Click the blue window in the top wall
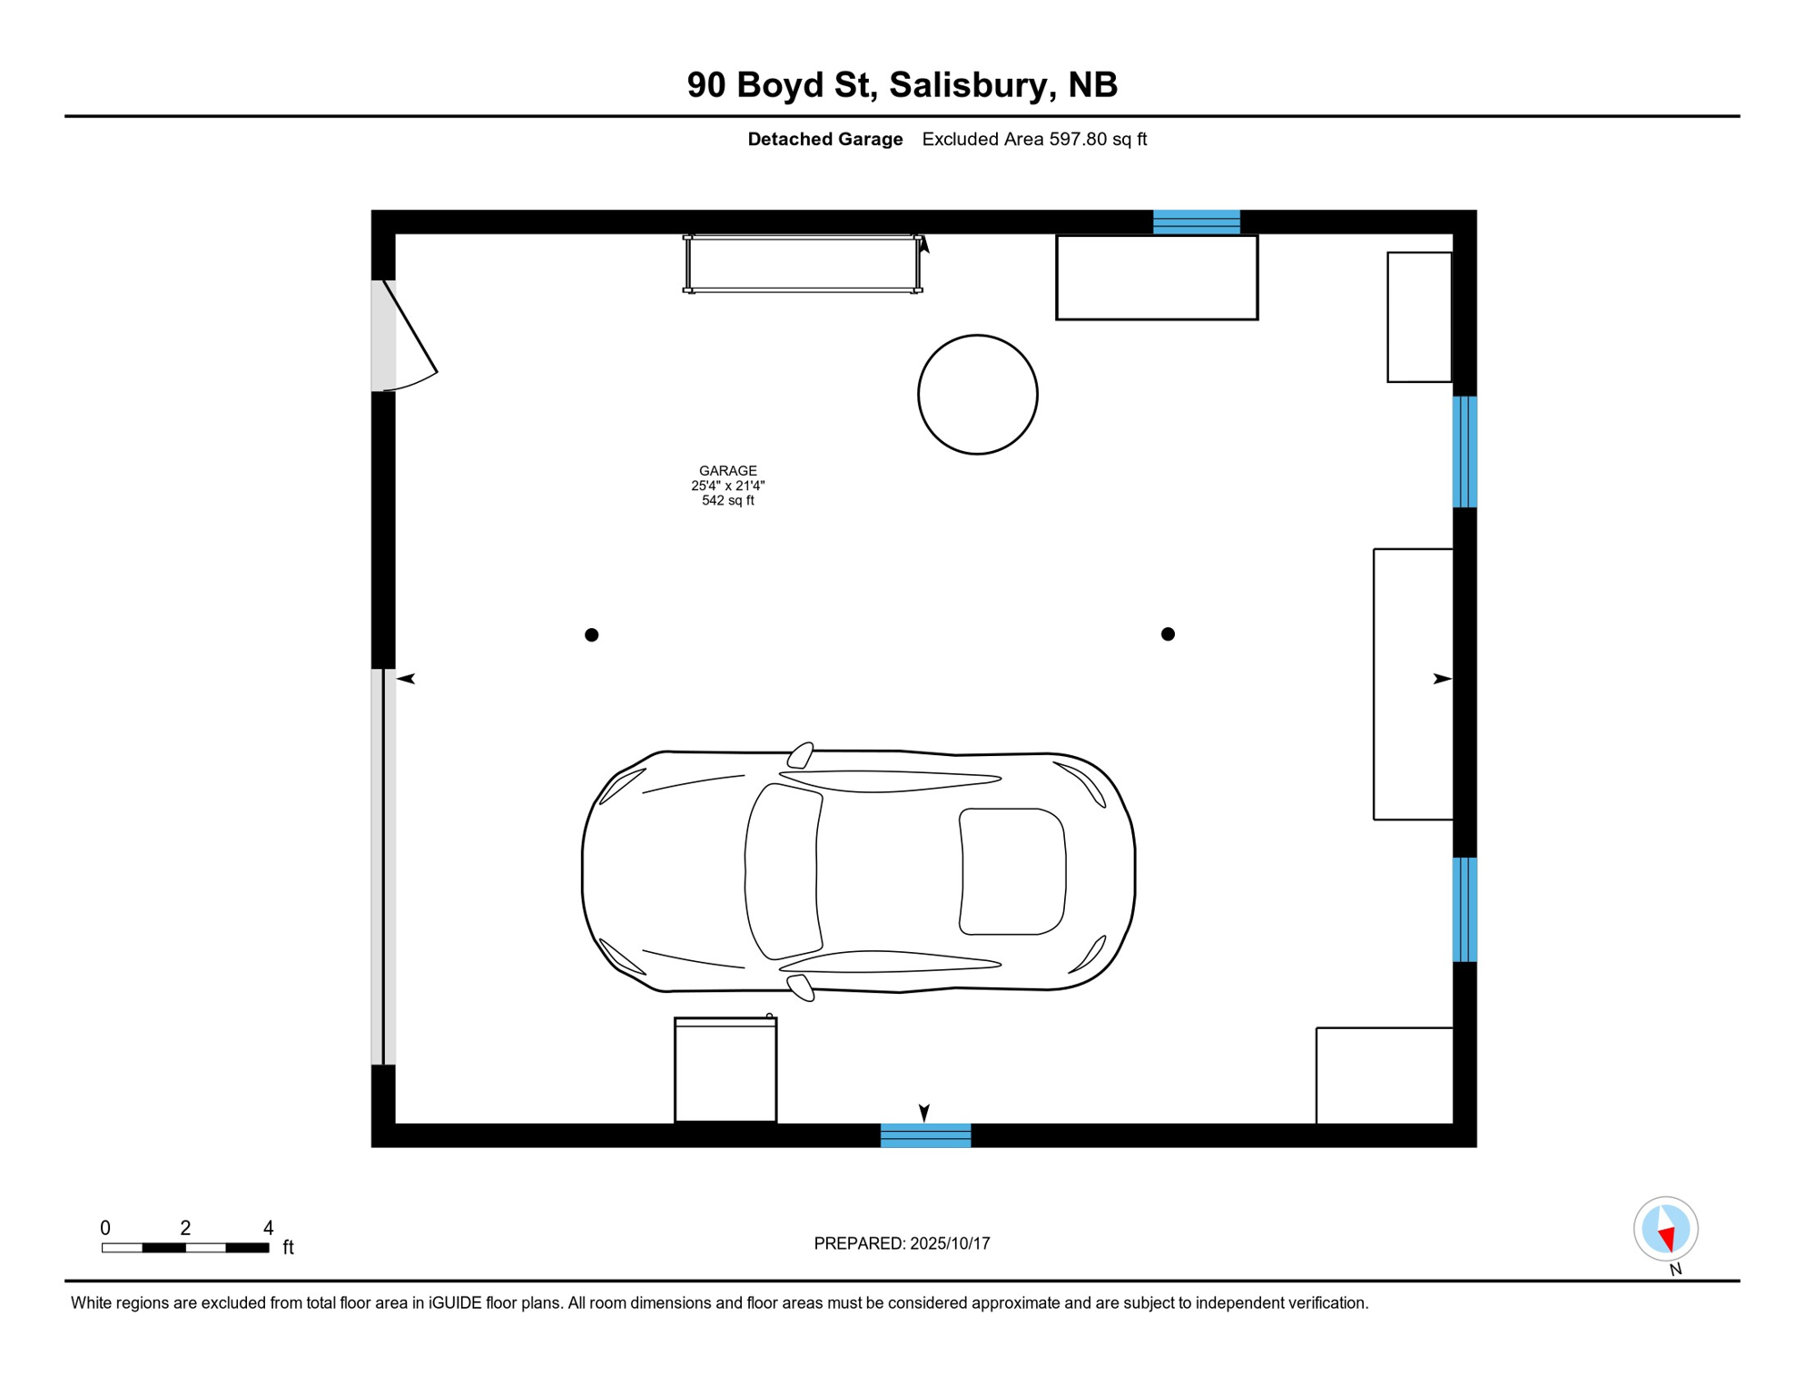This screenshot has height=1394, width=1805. (x=1196, y=221)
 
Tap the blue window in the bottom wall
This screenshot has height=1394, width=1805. (x=925, y=1135)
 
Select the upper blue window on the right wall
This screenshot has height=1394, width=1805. (x=1465, y=451)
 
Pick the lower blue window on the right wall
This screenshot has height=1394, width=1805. (x=1465, y=909)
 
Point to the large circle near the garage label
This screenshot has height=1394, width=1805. (x=977, y=395)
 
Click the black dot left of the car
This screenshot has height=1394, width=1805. (x=591, y=635)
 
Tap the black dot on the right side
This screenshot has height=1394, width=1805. (x=1168, y=634)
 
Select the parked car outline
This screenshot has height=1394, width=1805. (x=858, y=871)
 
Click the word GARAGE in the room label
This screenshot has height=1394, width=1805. (x=727, y=471)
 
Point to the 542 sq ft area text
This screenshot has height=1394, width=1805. (x=727, y=501)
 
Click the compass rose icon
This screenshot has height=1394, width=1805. (x=1665, y=1229)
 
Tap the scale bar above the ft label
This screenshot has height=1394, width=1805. (x=185, y=1248)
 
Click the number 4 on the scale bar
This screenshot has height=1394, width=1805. (x=268, y=1228)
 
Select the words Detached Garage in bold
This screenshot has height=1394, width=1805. (x=824, y=140)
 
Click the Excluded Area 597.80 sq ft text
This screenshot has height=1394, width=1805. (x=1034, y=140)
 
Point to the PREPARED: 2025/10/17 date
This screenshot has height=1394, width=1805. (x=902, y=1243)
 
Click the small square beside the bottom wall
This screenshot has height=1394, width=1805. (x=725, y=1070)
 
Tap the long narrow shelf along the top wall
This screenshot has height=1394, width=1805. (x=803, y=264)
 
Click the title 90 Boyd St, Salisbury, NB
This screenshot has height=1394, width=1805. (x=902, y=85)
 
